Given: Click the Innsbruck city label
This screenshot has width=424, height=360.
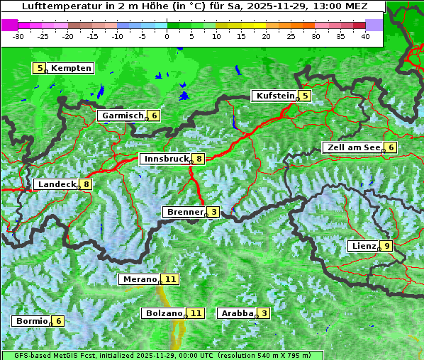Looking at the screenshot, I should [165, 159].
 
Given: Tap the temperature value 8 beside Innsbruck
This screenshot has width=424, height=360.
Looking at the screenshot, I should [199, 159].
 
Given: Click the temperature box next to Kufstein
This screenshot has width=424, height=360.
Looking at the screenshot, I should [304, 96].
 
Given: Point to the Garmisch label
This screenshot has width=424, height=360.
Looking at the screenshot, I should [122, 116].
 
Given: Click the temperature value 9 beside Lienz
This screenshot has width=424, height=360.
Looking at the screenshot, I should [385, 246].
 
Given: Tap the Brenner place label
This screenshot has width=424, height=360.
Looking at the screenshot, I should [184, 212].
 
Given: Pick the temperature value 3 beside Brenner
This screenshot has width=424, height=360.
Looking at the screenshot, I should [213, 212].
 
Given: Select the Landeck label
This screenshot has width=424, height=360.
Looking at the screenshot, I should [56, 184].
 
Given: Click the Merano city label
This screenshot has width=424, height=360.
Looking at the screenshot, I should [139, 279].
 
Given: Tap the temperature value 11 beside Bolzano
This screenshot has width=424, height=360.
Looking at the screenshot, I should [196, 313].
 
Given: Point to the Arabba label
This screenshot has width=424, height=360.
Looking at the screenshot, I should [237, 313].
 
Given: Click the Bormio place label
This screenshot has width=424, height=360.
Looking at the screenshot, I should [32, 321].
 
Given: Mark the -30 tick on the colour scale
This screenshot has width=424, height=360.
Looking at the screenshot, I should [18, 35].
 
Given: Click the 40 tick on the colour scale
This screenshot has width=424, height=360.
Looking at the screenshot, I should [365, 35].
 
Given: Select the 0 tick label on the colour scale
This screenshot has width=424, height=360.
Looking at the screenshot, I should [167, 35].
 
